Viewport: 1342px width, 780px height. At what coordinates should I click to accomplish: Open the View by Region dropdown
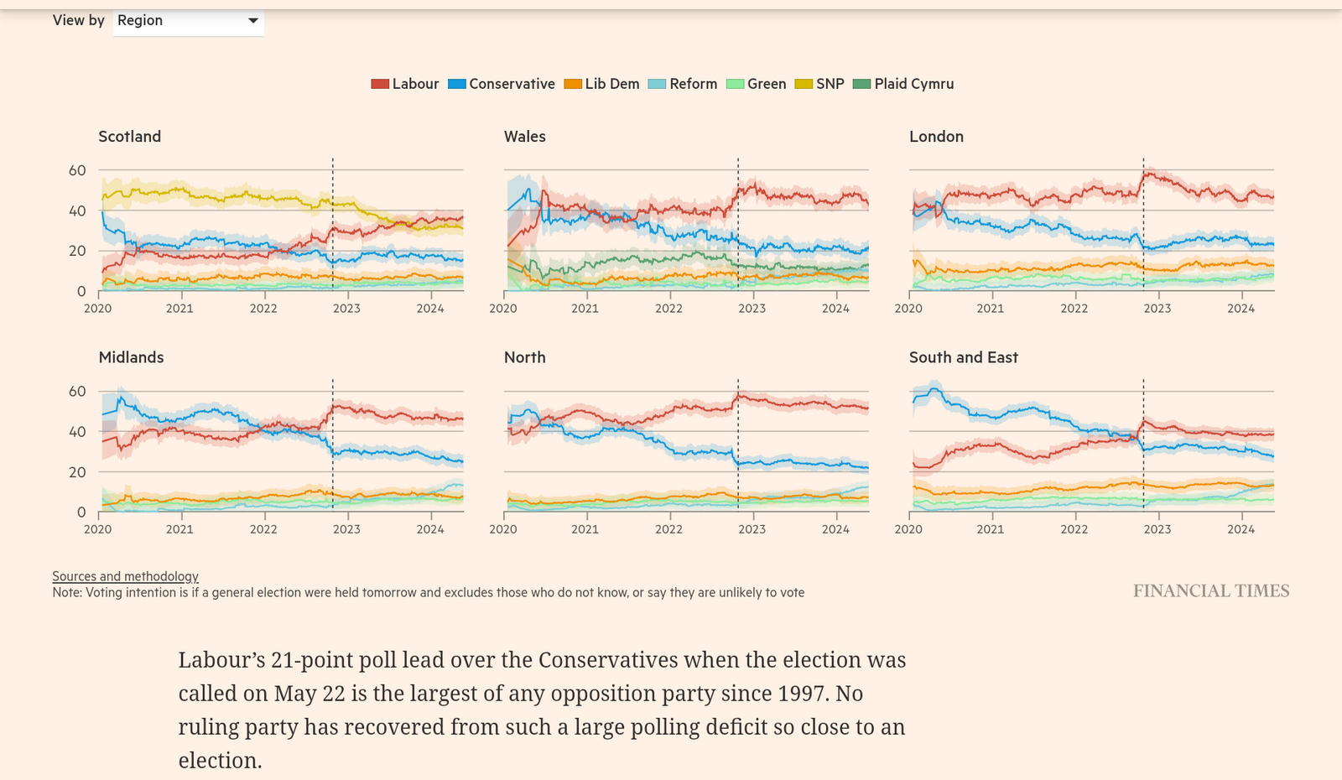(x=188, y=21)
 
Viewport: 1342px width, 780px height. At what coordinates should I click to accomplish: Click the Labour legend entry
(x=405, y=84)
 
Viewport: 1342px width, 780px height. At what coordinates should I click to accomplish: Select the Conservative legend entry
(x=502, y=84)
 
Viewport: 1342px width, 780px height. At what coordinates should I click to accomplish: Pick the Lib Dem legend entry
(x=602, y=84)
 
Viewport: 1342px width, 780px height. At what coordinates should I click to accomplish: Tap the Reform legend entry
(x=683, y=84)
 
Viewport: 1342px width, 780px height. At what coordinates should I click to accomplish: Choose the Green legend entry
(x=757, y=84)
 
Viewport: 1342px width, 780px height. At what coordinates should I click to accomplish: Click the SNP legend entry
(x=819, y=84)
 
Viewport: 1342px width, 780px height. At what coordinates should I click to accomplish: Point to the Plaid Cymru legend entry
(x=903, y=84)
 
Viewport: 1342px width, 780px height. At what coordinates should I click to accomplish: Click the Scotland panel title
(x=130, y=137)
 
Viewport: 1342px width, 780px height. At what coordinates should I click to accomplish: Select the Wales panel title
(x=525, y=137)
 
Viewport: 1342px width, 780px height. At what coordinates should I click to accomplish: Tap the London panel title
(x=936, y=137)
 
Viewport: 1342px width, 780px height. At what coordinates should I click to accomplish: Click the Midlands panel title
(x=132, y=357)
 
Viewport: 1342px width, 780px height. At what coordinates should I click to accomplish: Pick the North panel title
(x=525, y=357)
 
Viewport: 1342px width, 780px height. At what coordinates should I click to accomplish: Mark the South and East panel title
(x=964, y=357)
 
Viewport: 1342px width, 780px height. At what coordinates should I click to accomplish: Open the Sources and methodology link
(x=126, y=576)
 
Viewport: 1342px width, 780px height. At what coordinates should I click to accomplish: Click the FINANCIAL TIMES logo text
(x=1211, y=591)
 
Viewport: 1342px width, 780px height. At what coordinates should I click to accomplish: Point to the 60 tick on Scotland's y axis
(x=77, y=170)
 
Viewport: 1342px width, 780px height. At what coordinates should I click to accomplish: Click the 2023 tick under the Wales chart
(x=752, y=309)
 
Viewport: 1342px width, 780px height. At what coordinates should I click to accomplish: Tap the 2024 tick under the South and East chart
(x=1241, y=529)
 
